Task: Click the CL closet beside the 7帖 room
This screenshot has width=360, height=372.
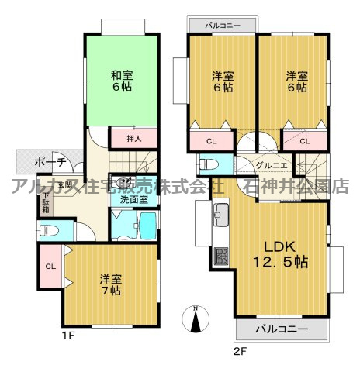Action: pyautogui.click(x=50, y=267)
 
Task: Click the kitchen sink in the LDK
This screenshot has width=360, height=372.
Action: pyautogui.click(x=220, y=213)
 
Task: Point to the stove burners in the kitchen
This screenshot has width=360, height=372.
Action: pyautogui.click(x=220, y=255)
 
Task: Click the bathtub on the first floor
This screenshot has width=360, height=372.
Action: pyautogui.click(x=147, y=229)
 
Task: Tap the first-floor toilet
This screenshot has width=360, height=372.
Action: pyautogui.click(x=48, y=230)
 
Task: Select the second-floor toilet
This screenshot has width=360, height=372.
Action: pyautogui.click(x=207, y=165)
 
